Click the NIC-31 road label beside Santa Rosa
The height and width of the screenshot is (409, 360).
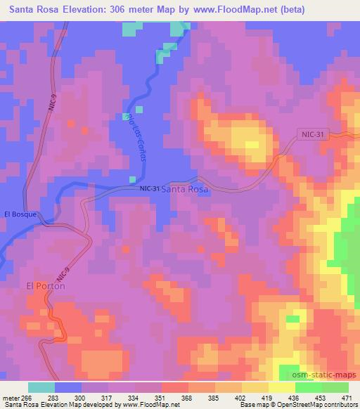pyautogui.click(x=150, y=188)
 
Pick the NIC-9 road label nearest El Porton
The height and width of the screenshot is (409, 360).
pyautogui.click(x=61, y=272)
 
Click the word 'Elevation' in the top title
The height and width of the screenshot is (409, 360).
pyautogui.click(x=91, y=9)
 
